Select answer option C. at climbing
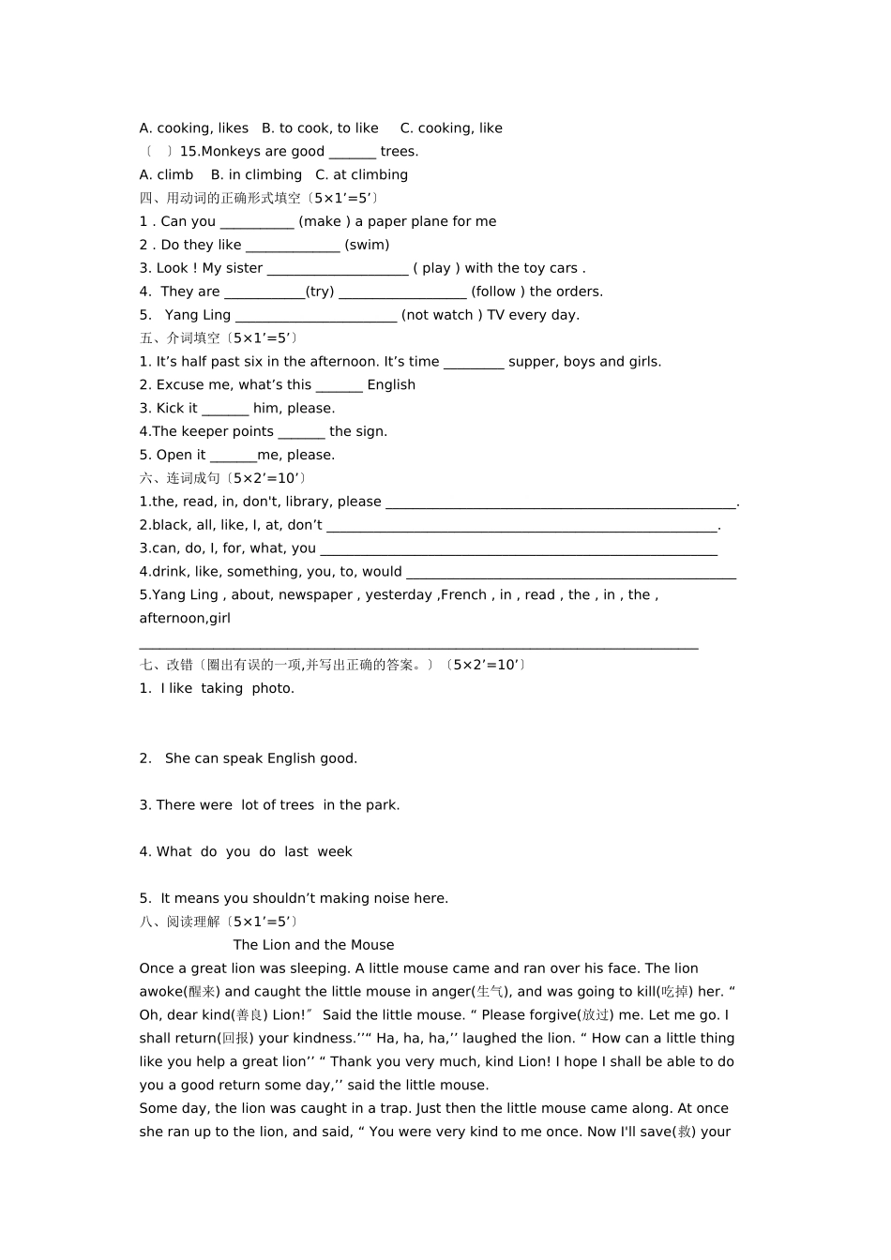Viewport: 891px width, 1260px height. click(x=362, y=175)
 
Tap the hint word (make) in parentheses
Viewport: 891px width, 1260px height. click(x=325, y=222)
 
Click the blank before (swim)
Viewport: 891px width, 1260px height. click(x=293, y=246)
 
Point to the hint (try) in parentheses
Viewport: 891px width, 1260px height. click(x=320, y=292)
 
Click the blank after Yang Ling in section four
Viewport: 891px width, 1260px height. click(x=316, y=315)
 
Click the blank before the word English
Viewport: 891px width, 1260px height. click(x=339, y=385)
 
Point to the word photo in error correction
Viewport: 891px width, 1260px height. click(x=272, y=689)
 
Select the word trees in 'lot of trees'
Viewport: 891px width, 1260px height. click(x=296, y=805)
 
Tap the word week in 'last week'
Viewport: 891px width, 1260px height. click(x=335, y=852)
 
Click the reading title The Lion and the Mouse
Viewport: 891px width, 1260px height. click(x=313, y=945)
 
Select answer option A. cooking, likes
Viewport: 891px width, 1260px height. click(x=194, y=128)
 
